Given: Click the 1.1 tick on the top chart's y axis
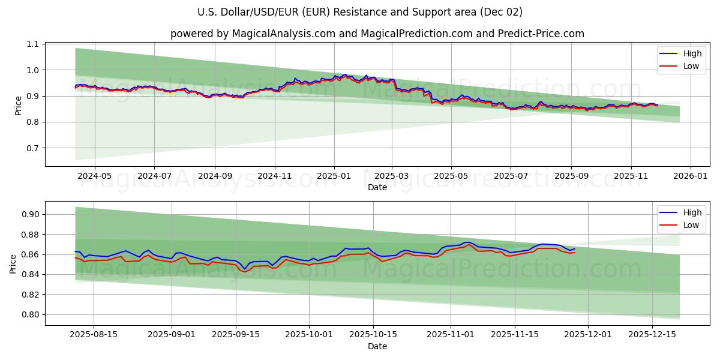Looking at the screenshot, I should click(x=32, y=44).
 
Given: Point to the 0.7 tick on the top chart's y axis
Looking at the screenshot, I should click(x=32, y=148).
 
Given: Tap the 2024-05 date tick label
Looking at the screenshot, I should click(x=95, y=177).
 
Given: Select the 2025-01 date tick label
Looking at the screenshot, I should click(x=334, y=177).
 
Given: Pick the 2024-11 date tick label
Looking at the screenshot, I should click(x=275, y=177).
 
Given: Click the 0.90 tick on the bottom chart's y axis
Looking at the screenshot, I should click(x=30, y=215).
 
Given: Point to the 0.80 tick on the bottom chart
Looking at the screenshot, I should click(x=30, y=314).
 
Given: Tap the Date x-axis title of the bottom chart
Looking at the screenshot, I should click(x=377, y=346).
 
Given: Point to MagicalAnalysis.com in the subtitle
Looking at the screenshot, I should click(x=284, y=34).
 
